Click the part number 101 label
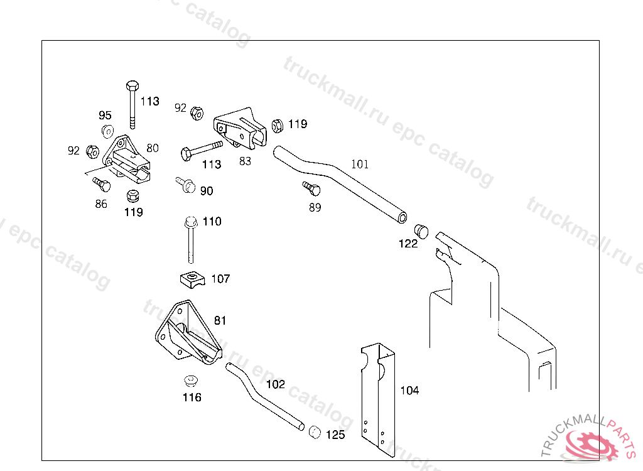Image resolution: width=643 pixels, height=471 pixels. click(360, 165)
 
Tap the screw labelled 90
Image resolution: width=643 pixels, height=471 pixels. click(186, 185)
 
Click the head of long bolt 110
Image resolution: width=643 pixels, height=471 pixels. click(191, 222)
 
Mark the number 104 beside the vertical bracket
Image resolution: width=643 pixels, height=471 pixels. click(409, 391)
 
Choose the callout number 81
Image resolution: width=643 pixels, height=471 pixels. click(220, 320)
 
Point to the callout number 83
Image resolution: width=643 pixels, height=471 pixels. click(245, 161)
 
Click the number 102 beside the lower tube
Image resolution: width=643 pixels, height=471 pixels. click(276, 384)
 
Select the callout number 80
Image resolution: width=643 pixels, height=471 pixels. click(153, 148)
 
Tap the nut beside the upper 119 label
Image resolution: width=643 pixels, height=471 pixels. click(277, 125)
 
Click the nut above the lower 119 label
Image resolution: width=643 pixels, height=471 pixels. click(132, 195)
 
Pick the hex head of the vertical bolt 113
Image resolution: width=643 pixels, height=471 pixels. click(132, 85)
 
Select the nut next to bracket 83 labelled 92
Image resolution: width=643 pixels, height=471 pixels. click(196, 112)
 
